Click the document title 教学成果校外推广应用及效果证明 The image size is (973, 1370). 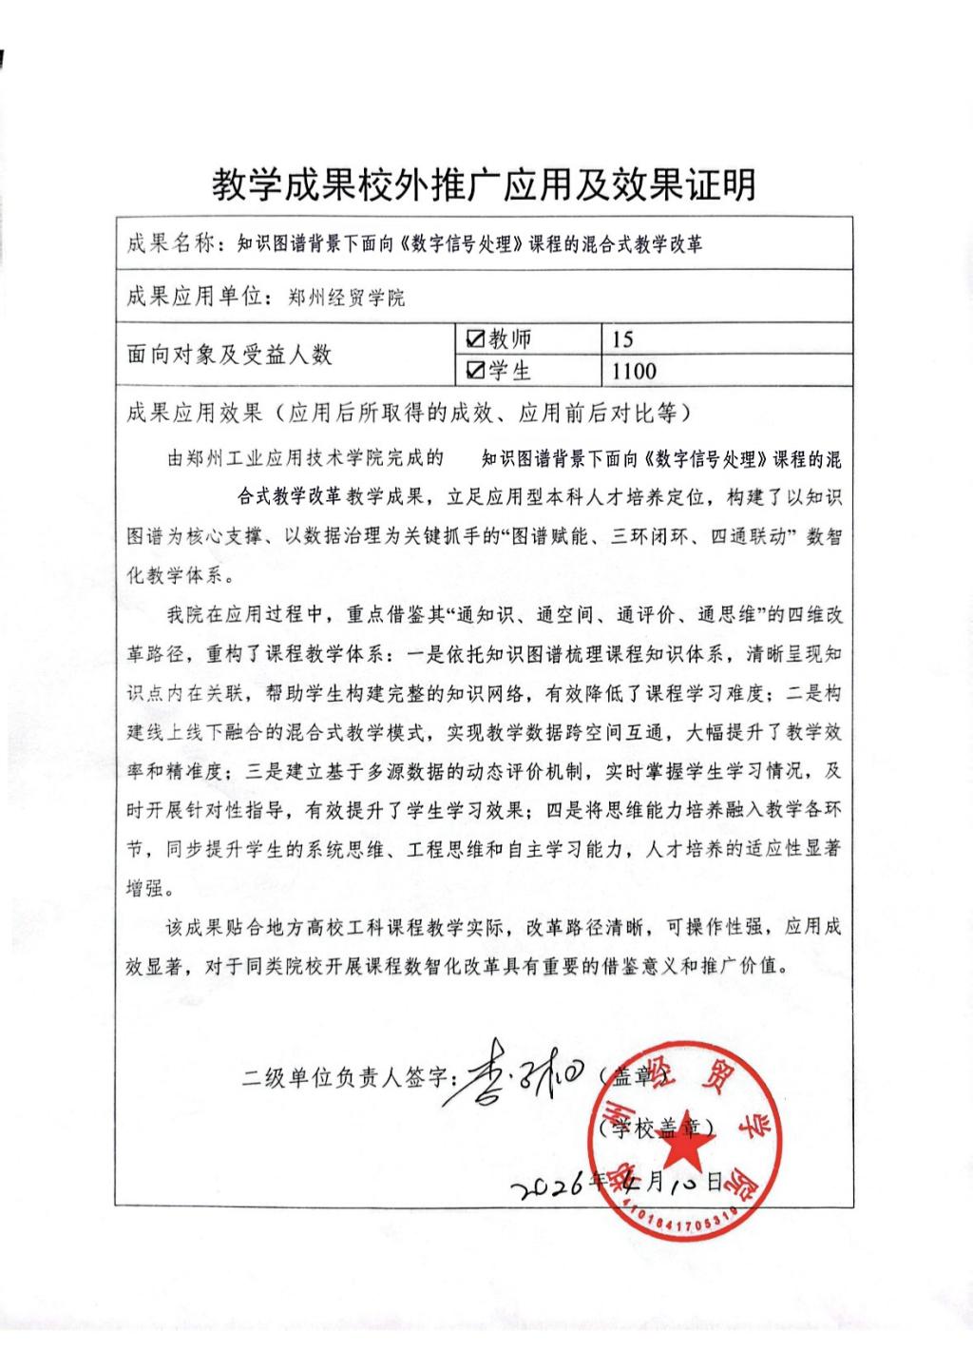(x=485, y=184)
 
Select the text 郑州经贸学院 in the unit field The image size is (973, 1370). (x=346, y=299)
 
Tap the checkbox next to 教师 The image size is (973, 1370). (x=475, y=339)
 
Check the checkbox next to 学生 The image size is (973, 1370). (x=475, y=371)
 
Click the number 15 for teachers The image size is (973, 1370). (x=623, y=339)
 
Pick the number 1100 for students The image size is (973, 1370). (x=634, y=371)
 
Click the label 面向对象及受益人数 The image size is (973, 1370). (x=229, y=356)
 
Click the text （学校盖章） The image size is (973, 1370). (x=659, y=1128)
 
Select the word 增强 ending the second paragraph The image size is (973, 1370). (x=146, y=888)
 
